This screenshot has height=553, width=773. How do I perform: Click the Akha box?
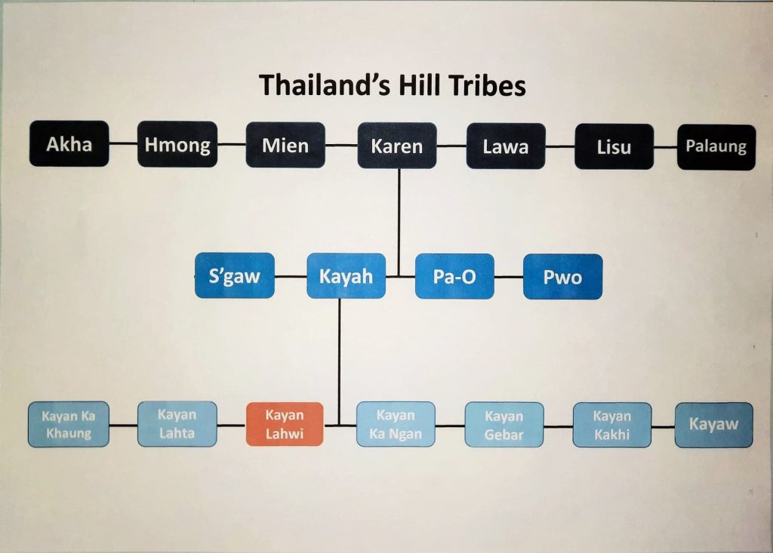pos(69,143)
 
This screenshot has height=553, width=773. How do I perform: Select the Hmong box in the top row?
pos(177,144)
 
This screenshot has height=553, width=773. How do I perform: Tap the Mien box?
pos(285,146)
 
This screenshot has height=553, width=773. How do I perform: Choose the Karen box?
pos(397,146)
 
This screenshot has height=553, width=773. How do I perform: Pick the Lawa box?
pos(506,146)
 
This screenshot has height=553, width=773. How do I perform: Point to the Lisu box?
pos(614,147)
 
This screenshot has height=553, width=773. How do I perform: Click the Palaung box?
pos(716,147)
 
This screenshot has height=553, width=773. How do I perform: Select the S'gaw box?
pos(235,275)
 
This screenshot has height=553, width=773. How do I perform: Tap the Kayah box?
pos(346,276)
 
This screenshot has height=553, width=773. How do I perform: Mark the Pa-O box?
pos(454,276)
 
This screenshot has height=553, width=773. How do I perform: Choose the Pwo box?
pos(562,277)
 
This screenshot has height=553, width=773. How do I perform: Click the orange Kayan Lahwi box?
pos(285,424)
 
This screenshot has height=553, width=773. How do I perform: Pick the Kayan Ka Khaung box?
pos(69,424)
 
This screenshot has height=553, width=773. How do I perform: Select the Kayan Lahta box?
pos(177,424)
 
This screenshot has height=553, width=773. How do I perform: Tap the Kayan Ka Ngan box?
pos(396,424)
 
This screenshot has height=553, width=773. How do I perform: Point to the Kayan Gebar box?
pos(504,425)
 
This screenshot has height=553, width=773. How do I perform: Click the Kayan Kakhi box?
pos(612,425)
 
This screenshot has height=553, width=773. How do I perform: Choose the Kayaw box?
pos(714,426)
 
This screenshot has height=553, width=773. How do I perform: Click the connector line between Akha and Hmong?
pos(123,143)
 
